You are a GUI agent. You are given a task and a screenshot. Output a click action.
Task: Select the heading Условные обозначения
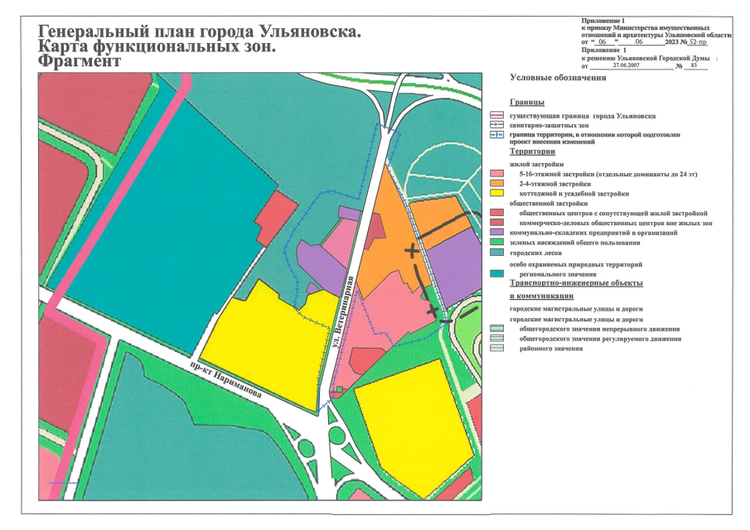[558, 78]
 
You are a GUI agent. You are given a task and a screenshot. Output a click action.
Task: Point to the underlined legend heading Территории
[532, 152]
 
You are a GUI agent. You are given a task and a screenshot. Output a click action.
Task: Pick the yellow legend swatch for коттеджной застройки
[497, 193]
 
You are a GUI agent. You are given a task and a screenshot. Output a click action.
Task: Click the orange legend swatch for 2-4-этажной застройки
[497, 183]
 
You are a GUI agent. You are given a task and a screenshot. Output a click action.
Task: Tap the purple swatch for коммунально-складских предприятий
[497, 233]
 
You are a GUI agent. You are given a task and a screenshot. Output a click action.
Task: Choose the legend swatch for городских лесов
[497, 253]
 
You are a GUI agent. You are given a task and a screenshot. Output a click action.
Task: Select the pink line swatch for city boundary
[497, 116]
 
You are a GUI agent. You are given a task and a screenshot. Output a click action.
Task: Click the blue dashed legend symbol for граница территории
[497, 134]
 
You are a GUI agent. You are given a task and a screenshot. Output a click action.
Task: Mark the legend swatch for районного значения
[497, 349]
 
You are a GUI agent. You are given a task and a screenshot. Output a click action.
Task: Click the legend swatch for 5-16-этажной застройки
[497, 173]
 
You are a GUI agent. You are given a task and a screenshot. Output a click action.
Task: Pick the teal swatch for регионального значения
[497, 272]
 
